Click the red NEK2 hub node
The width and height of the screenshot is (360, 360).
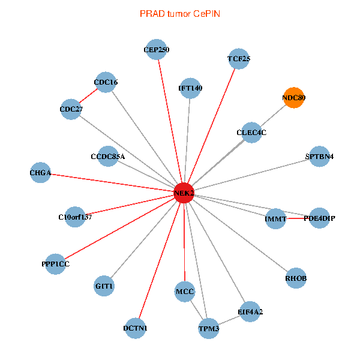pos(184,193)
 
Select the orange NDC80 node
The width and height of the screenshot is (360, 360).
pos(293,97)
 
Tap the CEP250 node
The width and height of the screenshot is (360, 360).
pos(157,50)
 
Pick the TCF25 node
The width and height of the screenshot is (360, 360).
pos(239,59)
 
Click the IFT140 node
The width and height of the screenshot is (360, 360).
pos(190,88)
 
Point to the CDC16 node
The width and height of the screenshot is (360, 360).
pos(106,82)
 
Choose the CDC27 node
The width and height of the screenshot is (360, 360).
pos(71,109)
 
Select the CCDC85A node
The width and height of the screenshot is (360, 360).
pos(108,157)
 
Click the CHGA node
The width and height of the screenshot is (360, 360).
pos(40,173)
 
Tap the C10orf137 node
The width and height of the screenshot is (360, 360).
pos(75,217)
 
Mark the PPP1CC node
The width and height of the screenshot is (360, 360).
pos(55,264)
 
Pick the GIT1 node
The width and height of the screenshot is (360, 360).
pos(104,286)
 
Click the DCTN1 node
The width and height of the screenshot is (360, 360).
pos(136,328)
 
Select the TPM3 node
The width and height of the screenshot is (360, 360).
pos(209,329)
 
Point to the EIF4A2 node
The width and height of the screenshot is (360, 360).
pos(250,311)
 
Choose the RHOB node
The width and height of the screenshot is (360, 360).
pos(296,278)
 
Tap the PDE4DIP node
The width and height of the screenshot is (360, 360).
pos(319,218)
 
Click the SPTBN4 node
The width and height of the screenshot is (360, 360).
pos(319,157)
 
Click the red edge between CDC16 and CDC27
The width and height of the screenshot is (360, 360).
pos(89,96)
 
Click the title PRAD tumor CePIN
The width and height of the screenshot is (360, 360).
pos(179,13)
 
